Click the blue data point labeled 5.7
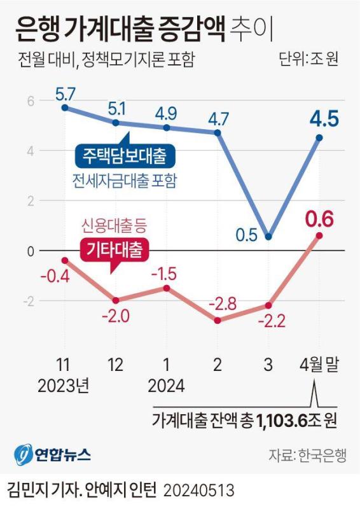tap(65, 108)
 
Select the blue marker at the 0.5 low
tap(268, 237)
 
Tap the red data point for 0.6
tap(319, 235)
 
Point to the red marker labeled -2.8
tap(218, 321)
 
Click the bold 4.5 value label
tap(324, 118)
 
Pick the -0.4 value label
tap(55, 277)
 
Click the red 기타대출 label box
tap(114, 250)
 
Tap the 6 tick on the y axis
tap(31, 101)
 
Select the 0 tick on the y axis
tap(31, 251)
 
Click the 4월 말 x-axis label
tap(319, 365)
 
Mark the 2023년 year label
tap(64, 386)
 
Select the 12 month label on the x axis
tap(115, 365)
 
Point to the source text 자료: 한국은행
tap(307, 455)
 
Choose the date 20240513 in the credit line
tap(198, 491)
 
